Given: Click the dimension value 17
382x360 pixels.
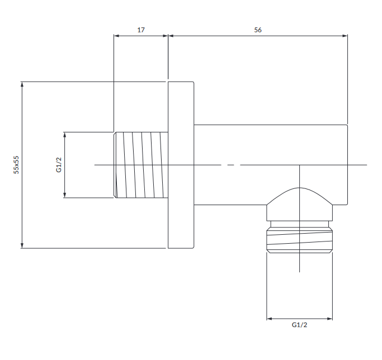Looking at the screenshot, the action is (x=141, y=30).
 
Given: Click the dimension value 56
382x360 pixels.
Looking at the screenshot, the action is (x=258, y=30).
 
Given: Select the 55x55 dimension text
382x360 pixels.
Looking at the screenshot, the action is (x=16, y=165).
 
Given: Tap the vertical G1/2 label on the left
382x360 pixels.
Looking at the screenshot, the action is (x=59, y=165).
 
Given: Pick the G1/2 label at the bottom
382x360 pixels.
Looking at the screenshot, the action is (x=299, y=325).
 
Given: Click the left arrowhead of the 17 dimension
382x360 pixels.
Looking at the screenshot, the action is (x=116, y=36).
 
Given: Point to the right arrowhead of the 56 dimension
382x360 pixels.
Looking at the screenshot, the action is (x=345, y=36).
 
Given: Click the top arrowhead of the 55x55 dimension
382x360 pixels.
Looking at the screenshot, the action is (x=22, y=84).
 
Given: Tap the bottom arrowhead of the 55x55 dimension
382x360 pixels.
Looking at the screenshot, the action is (x=22, y=245).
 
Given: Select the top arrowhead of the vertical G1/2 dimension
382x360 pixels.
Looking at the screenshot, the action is (x=64, y=135).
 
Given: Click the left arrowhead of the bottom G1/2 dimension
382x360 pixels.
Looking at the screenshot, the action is (x=269, y=319).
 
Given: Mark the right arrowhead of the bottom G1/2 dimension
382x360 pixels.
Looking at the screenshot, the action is (x=330, y=319).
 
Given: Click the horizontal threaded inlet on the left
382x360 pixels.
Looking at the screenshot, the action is (x=141, y=165).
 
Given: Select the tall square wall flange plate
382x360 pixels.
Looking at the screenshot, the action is (x=181, y=165).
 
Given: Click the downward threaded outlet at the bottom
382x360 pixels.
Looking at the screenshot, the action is (x=299, y=240).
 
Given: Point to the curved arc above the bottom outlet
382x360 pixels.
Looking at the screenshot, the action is (x=299, y=188).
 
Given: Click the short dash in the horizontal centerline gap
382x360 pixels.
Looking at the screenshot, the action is (x=231, y=165).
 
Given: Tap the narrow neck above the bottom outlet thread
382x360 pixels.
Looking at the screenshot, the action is (x=299, y=224).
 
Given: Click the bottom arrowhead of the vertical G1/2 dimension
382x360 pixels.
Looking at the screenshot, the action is (x=64, y=195).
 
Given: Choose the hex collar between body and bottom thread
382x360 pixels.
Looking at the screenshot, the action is (x=299, y=213).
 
